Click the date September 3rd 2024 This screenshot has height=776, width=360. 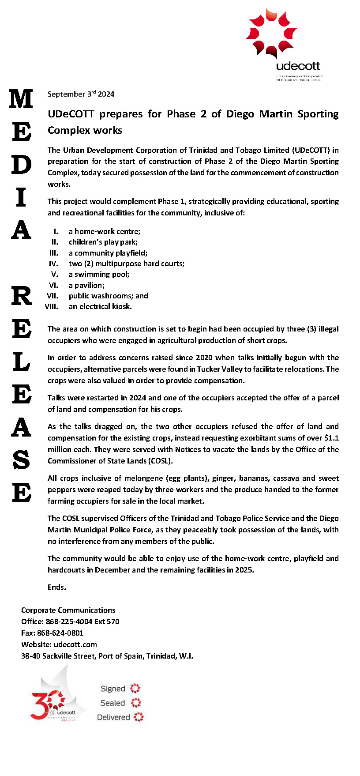point(81,94)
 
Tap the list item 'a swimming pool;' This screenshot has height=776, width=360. point(99,274)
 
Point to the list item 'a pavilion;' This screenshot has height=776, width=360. point(86,285)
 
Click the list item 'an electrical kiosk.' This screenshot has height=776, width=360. point(100,306)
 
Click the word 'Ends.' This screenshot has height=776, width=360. point(57,587)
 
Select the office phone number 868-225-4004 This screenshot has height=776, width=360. point(69,622)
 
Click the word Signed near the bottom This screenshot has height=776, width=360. point(113,689)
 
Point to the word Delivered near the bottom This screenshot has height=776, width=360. point(113,717)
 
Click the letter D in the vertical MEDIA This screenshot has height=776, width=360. point(21,164)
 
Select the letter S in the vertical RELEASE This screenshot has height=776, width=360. point(21,460)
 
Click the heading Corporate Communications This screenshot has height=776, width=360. point(68,610)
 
